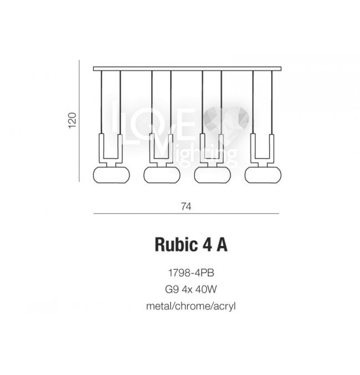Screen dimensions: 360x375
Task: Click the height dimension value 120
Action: (x=73, y=120)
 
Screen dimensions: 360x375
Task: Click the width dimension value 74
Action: (x=186, y=206)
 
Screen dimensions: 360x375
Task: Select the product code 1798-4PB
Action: (x=191, y=273)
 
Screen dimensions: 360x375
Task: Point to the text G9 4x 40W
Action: (x=191, y=289)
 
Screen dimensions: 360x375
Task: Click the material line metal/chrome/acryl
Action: (x=191, y=306)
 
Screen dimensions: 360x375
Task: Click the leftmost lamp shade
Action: (x=111, y=175)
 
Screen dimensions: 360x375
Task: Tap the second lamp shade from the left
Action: (x=162, y=175)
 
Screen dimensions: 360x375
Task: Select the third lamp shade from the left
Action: (x=213, y=175)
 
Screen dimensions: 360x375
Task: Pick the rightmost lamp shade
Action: (x=263, y=175)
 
